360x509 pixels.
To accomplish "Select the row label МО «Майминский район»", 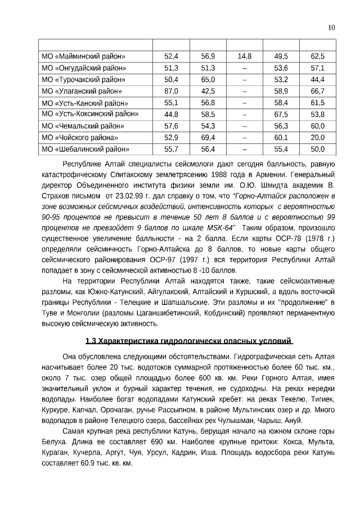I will pyautogui.click(x=83, y=56).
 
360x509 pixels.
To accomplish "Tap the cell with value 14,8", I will pyautogui.click(x=244, y=56).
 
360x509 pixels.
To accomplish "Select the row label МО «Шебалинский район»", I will pyautogui.click(x=85, y=150).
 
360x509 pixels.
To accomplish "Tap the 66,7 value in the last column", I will pyautogui.click(x=317, y=91).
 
